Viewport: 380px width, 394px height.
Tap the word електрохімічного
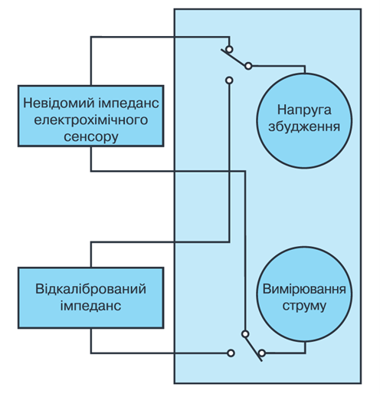tap(91, 120)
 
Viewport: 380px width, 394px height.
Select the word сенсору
tap(91, 136)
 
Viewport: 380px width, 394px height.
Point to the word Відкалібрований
tap(90, 289)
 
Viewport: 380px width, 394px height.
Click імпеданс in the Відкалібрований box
tap(90, 306)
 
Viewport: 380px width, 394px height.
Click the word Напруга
tap(304, 110)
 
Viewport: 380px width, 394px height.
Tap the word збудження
tap(304, 126)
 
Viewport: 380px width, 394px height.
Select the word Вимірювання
tap(304, 289)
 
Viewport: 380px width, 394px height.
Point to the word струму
tap(304, 307)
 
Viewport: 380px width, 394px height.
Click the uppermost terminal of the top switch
tap(229, 49)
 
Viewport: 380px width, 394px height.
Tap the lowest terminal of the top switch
tap(229, 80)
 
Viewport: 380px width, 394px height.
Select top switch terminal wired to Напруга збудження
tap(248, 66)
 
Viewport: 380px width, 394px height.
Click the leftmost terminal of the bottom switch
tap(231, 353)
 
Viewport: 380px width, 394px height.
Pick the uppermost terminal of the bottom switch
tap(245, 334)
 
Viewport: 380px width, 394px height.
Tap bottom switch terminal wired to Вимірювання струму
tap(262, 353)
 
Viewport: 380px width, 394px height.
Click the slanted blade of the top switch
tap(234, 58)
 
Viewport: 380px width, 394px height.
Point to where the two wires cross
tap(229, 171)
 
